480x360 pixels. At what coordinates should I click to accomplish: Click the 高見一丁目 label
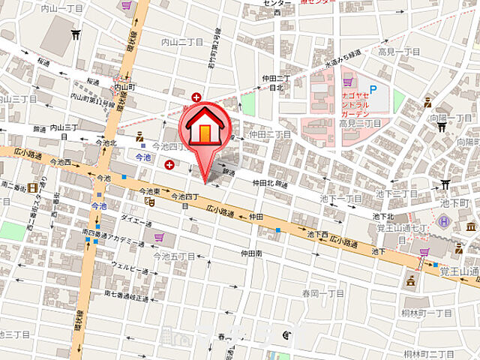pyautogui.click(x=399, y=51)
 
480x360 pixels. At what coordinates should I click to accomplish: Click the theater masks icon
pyautogui.click(x=150, y=201)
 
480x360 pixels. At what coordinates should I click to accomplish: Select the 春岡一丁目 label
pyautogui.click(x=323, y=293)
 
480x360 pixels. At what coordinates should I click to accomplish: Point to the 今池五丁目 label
pyautogui.click(x=174, y=256)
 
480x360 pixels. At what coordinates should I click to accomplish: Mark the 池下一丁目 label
pyautogui.click(x=340, y=198)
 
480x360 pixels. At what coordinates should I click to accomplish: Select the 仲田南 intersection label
pyautogui.click(x=251, y=253)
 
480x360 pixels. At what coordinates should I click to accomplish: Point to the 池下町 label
pyautogui.click(x=454, y=203)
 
